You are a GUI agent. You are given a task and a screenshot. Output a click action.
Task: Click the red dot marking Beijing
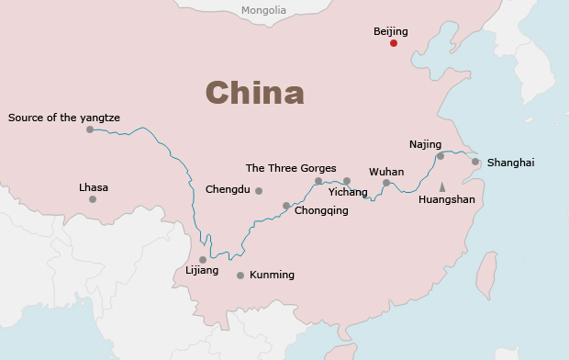coord(394,43)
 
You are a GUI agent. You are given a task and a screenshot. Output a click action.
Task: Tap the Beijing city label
coord(390,31)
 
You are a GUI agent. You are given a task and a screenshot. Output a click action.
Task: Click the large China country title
coord(254,93)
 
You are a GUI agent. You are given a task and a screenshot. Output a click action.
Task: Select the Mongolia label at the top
coord(263,11)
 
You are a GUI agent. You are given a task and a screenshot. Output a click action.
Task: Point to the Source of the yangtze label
coord(64,118)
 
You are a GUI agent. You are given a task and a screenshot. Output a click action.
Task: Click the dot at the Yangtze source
coord(90,129)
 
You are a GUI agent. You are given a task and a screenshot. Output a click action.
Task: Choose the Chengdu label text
coord(228,189)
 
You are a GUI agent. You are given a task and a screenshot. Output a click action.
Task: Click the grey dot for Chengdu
coord(259,191)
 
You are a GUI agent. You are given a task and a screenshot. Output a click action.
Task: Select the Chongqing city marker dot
coord(286,206)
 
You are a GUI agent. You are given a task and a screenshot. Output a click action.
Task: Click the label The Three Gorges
coord(291,168)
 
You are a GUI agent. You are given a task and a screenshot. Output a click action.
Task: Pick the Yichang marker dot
coord(347,181)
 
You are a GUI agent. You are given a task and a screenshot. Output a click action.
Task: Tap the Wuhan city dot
coord(386,183)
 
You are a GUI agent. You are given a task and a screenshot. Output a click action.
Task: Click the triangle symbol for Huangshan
coord(442,186)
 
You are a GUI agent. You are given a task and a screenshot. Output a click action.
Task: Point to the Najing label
coord(425,144)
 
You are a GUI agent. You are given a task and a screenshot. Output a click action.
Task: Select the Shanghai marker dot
coord(475,162)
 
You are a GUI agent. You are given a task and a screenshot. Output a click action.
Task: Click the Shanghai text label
coord(510,163)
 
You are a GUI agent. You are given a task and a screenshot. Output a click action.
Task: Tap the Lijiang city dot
coord(203,260)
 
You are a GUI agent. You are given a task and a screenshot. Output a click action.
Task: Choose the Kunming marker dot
coord(240,276)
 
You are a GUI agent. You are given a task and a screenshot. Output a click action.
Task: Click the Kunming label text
coord(272,275)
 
